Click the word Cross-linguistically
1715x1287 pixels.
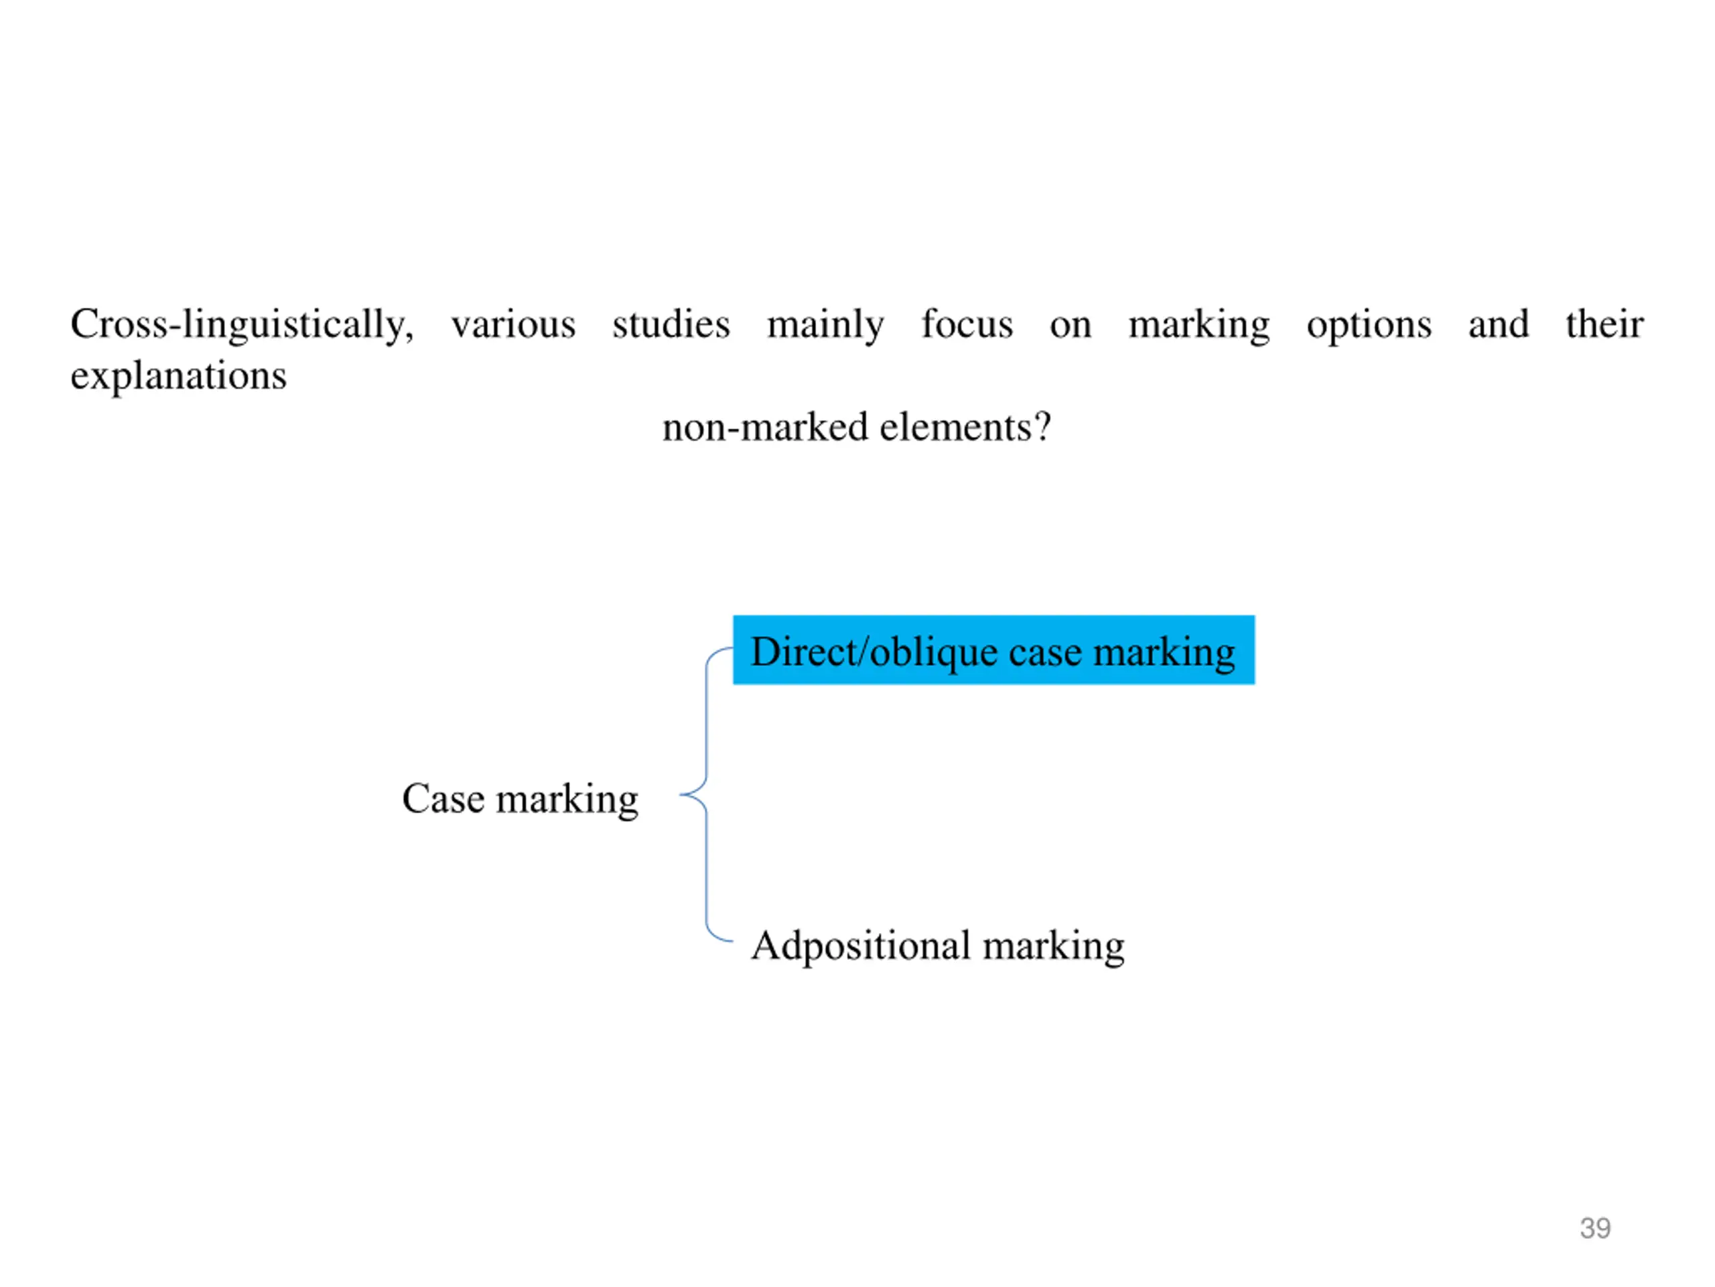pos(241,324)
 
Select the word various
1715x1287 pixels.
pos(513,324)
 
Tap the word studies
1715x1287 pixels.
pos(671,324)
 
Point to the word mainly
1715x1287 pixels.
pos(825,324)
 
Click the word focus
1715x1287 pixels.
pos(967,324)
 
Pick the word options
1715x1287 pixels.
pos(1369,324)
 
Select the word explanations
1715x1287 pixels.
pos(178,376)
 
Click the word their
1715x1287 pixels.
pos(1604,324)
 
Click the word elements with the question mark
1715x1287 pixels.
pos(965,428)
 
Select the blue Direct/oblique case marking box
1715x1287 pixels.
pos(993,650)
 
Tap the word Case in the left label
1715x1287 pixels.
pos(443,798)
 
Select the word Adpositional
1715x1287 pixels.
pos(861,946)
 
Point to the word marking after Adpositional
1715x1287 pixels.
pos(1053,946)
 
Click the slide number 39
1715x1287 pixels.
pos(1595,1228)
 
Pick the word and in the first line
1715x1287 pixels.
pos(1498,324)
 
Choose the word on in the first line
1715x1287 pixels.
pos(1070,324)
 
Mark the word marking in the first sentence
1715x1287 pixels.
pos(1198,324)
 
